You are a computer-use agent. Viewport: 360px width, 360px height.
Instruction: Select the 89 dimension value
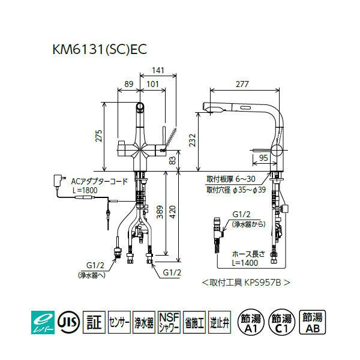click(127, 85)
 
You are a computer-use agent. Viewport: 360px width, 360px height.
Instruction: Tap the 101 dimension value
click(152, 85)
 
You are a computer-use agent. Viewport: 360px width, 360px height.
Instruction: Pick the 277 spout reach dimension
click(242, 85)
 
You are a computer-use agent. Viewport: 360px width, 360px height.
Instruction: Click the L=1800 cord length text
click(85, 189)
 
